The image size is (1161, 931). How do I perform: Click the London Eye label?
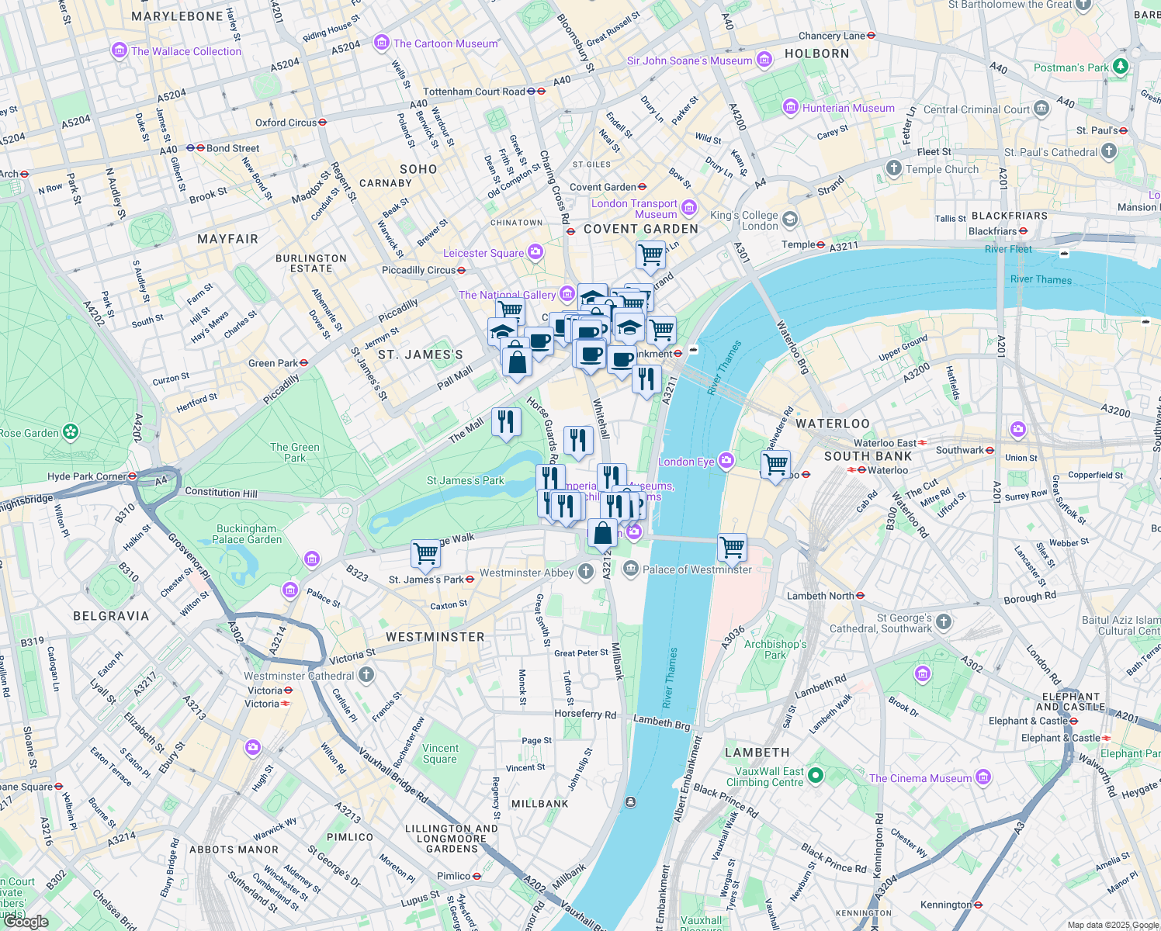(686, 462)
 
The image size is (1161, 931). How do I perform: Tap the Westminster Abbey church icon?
(586, 573)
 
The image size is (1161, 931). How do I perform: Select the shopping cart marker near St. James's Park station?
(425, 554)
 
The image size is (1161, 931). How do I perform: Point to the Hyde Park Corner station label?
(86, 476)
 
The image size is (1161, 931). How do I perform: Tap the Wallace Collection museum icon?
(119, 51)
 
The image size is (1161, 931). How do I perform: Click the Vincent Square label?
(440, 753)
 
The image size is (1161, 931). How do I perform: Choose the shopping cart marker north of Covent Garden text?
(650, 253)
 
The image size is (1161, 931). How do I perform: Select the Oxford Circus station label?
(286, 123)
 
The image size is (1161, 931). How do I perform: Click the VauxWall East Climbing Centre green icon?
(815, 775)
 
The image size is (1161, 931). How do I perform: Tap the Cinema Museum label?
(920, 778)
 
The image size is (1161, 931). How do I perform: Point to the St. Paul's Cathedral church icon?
(1109, 151)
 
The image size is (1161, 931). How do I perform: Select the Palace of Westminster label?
(697, 569)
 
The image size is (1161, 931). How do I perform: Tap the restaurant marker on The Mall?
(506, 421)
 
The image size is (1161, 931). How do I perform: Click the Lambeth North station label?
(820, 596)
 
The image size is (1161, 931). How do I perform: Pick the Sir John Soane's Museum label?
(689, 61)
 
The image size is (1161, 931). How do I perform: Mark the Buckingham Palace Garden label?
(247, 534)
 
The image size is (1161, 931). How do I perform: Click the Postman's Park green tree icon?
(1120, 67)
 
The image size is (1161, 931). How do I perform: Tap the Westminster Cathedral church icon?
(366, 675)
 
